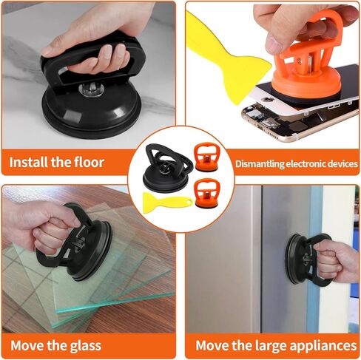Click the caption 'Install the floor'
(57, 162)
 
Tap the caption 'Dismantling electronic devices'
(296, 163)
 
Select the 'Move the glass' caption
(56, 345)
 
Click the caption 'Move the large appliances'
(276, 345)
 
